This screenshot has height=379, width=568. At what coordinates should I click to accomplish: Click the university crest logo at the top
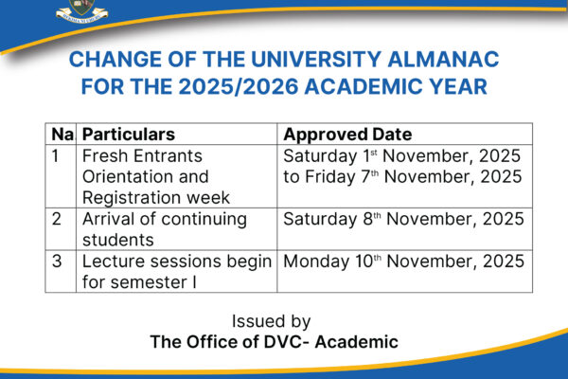click(x=81, y=10)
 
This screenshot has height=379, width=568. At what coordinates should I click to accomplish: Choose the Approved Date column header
click(x=346, y=135)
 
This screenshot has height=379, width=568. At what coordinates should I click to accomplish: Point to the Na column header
click(x=62, y=135)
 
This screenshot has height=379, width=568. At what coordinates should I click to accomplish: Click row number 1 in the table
click(x=58, y=155)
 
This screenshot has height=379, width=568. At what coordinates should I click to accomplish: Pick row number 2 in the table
click(x=58, y=219)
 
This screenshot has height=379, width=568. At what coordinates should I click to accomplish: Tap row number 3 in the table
click(x=58, y=261)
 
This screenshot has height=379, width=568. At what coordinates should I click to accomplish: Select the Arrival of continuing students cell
click(x=164, y=229)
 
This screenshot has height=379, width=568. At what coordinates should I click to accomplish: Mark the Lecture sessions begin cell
click(x=177, y=271)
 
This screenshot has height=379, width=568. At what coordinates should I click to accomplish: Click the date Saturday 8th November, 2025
click(x=402, y=219)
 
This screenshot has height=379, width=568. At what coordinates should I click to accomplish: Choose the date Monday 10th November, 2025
click(x=402, y=261)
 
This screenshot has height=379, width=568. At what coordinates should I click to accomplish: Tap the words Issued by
click(x=274, y=322)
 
